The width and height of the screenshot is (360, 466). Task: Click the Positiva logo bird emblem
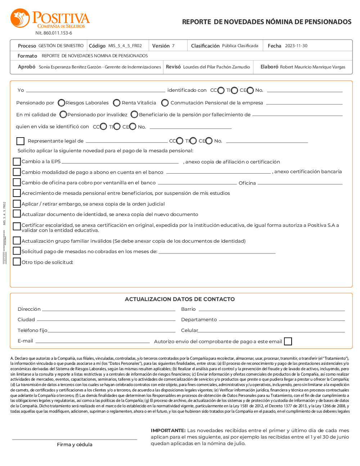tap(20, 18)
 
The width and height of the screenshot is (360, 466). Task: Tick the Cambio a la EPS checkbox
tap(17, 161)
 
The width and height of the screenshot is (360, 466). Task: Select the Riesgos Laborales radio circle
tap(62, 103)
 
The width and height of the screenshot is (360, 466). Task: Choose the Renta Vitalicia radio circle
tap(117, 103)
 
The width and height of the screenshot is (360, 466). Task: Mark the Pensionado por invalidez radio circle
tap(63, 115)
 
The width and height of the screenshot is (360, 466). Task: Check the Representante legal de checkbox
tap(21, 141)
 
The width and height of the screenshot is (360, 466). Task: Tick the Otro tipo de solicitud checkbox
tap(17, 262)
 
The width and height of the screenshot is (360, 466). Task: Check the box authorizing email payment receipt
tap(288, 341)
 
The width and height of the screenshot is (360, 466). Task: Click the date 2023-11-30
tap(296, 46)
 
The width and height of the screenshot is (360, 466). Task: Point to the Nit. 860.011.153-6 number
tap(54, 33)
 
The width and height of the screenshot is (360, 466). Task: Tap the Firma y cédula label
tap(75, 445)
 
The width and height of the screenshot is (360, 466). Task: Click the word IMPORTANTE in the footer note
tap(168, 431)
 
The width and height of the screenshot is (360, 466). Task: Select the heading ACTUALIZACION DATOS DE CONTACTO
tap(180, 299)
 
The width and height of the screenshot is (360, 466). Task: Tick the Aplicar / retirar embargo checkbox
tap(17, 204)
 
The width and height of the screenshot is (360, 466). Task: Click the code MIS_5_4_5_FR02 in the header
tap(125, 46)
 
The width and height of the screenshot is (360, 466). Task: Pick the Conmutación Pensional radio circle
tap(165, 103)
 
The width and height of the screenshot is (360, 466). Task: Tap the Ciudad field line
tap(106, 320)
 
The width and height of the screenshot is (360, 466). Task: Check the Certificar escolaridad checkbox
tap(17, 226)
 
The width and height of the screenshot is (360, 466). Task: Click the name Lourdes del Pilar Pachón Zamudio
tap(216, 67)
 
